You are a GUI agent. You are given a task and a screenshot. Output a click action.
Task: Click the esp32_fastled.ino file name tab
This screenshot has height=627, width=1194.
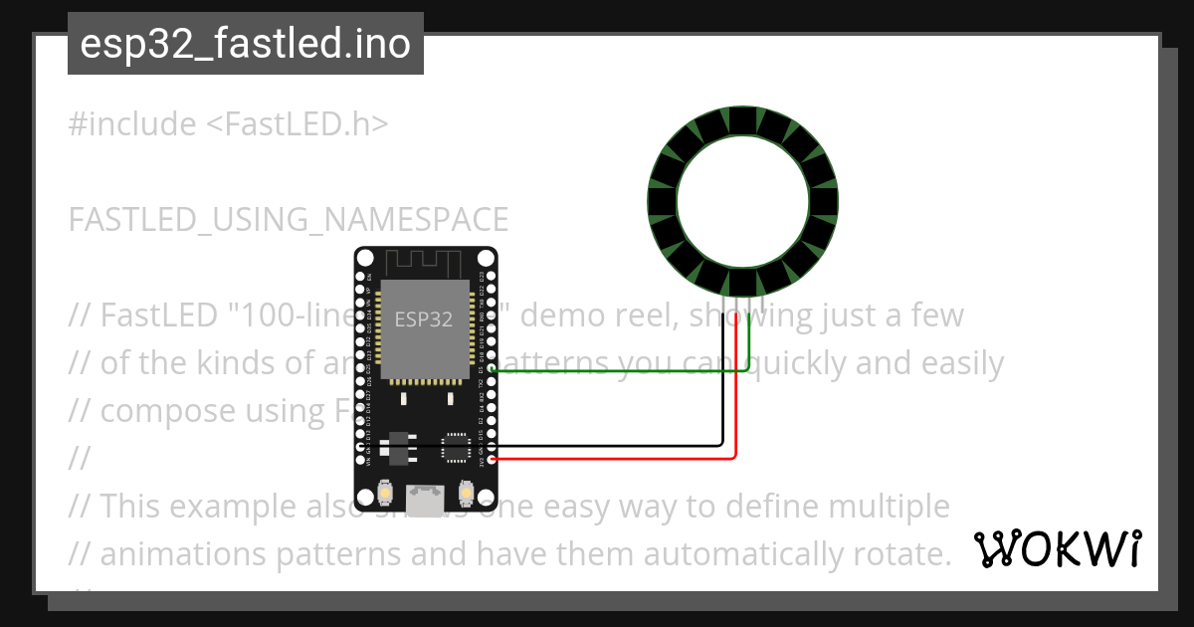click(x=245, y=45)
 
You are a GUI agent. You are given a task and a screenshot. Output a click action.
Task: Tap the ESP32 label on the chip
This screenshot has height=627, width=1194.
click(x=424, y=319)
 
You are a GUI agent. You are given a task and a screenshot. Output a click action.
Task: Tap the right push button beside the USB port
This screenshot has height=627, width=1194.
click(x=466, y=494)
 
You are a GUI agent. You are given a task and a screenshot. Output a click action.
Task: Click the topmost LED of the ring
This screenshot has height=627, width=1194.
click(x=741, y=121)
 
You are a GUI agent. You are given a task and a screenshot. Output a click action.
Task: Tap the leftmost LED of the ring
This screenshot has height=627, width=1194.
click(x=664, y=201)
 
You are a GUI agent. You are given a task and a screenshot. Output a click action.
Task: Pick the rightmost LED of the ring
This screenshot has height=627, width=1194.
click(x=823, y=201)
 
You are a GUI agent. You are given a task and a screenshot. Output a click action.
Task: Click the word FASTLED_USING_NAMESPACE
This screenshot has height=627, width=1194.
click(x=289, y=219)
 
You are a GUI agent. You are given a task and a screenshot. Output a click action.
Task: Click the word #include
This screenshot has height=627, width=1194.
click(x=132, y=124)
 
